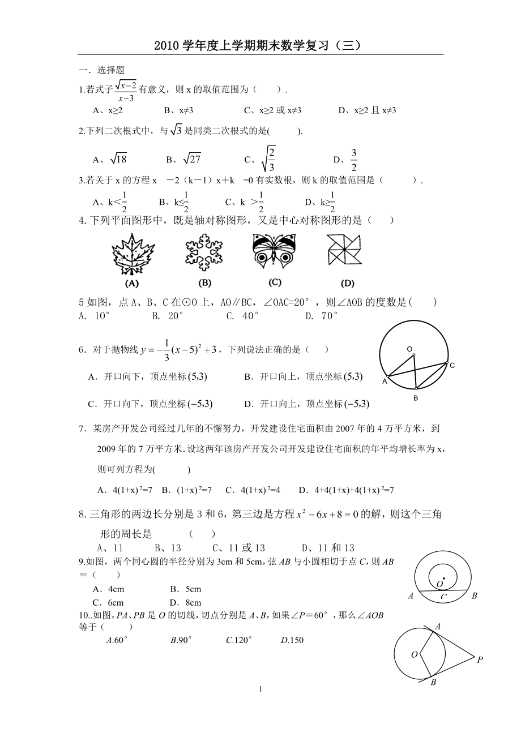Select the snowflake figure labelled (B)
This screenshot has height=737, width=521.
click(x=204, y=252)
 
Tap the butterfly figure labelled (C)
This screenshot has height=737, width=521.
click(x=274, y=251)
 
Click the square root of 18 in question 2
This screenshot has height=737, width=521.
click(x=117, y=160)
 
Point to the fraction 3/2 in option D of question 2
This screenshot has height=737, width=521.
click(x=353, y=159)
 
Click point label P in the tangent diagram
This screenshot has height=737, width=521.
click(x=480, y=659)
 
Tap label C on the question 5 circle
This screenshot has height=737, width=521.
click(x=452, y=366)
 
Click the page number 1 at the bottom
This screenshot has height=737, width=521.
click(x=260, y=688)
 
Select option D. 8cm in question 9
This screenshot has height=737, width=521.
click(x=185, y=603)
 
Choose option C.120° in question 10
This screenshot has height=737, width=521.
click(x=238, y=640)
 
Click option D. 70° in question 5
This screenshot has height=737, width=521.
click(x=322, y=316)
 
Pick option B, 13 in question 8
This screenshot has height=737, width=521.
click(x=168, y=547)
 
